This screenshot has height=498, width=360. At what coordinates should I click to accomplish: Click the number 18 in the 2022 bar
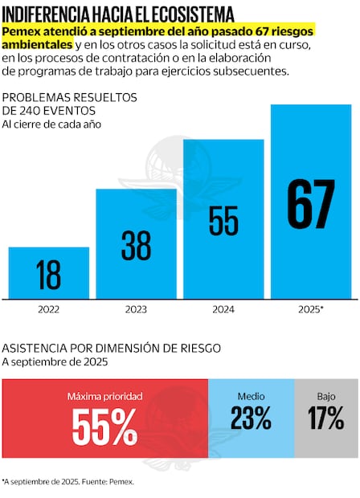click(x=48, y=275)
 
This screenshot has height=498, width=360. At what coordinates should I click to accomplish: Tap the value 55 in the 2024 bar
click(x=223, y=220)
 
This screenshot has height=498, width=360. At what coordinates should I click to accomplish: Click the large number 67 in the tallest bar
click(x=310, y=205)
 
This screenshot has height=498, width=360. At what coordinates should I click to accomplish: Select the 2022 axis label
click(x=48, y=308)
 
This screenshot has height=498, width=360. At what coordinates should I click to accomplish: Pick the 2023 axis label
click(x=136, y=308)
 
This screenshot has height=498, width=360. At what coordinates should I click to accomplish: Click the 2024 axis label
click(x=223, y=308)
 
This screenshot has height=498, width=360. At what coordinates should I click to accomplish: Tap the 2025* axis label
click(x=311, y=308)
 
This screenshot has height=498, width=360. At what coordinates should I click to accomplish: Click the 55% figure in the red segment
click(x=104, y=427)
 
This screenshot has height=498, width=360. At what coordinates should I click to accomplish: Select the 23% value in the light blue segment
click(x=251, y=418)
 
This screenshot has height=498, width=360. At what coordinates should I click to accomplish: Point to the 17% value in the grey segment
click(x=326, y=418)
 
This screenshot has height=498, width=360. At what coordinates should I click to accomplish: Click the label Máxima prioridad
click(x=104, y=397)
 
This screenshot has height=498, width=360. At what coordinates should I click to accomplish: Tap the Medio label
click(x=251, y=397)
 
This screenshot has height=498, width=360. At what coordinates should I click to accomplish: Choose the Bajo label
click(x=326, y=397)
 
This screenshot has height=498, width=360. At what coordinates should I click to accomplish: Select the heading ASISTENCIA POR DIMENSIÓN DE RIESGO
click(x=111, y=348)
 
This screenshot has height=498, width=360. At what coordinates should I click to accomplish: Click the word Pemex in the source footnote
click(x=122, y=482)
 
